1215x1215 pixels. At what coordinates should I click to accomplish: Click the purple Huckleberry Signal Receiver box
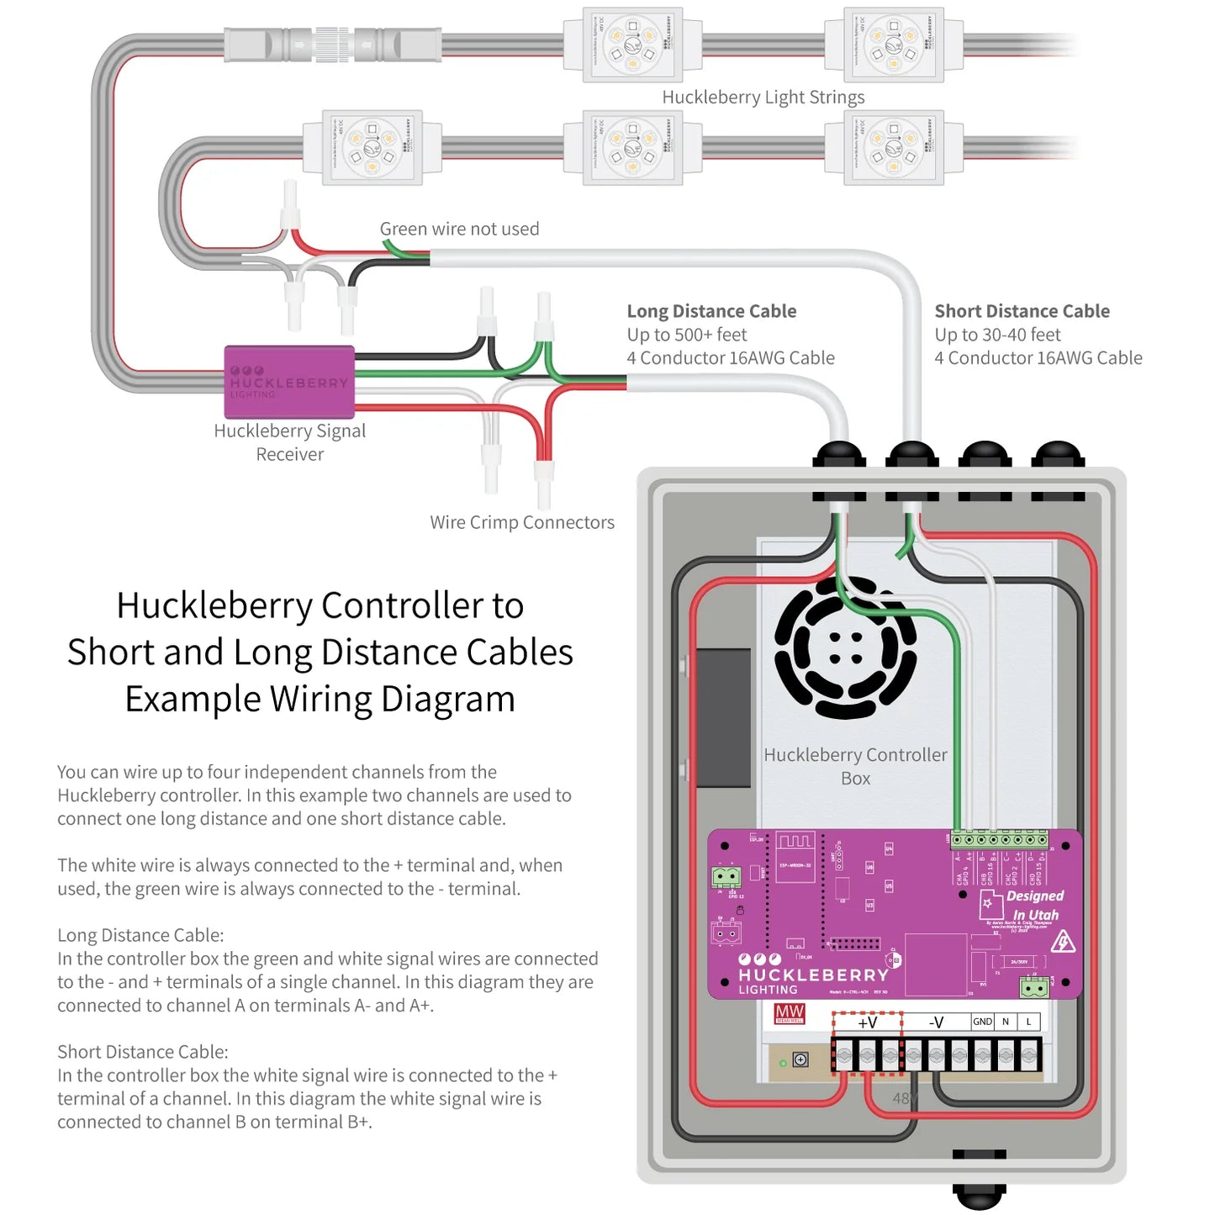[x=289, y=382]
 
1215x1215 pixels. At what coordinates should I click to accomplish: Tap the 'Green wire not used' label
[x=459, y=229]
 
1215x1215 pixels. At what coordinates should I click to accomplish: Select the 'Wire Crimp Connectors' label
[x=522, y=522]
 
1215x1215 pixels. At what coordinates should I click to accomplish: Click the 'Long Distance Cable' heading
[x=711, y=311]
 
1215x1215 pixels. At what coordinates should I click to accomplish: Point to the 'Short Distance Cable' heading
[x=1022, y=311]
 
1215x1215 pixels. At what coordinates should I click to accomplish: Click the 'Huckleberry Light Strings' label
[x=763, y=98]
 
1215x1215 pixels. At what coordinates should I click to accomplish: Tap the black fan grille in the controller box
[x=845, y=647]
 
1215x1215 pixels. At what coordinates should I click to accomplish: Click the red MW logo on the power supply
[x=790, y=1013]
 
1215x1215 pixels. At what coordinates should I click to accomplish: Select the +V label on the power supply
[x=867, y=1022]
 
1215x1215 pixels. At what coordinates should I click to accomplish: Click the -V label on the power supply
[x=936, y=1022]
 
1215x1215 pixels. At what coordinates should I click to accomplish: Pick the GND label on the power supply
[x=982, y=1022]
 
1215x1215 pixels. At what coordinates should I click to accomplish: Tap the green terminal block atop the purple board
[x=1000, y=839]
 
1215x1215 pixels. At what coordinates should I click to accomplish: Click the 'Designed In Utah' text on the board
[x=1035, y=906]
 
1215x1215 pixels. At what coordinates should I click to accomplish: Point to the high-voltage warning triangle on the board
[x=1063, y=942]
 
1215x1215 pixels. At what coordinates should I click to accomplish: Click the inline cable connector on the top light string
[x=333, y=43]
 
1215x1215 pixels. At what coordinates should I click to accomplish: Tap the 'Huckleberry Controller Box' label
[x=855, y=766]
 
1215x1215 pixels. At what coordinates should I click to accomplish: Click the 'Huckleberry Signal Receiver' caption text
[x=289, y=442]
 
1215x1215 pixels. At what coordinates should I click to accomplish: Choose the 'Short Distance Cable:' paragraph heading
[x=143, y=1052]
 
